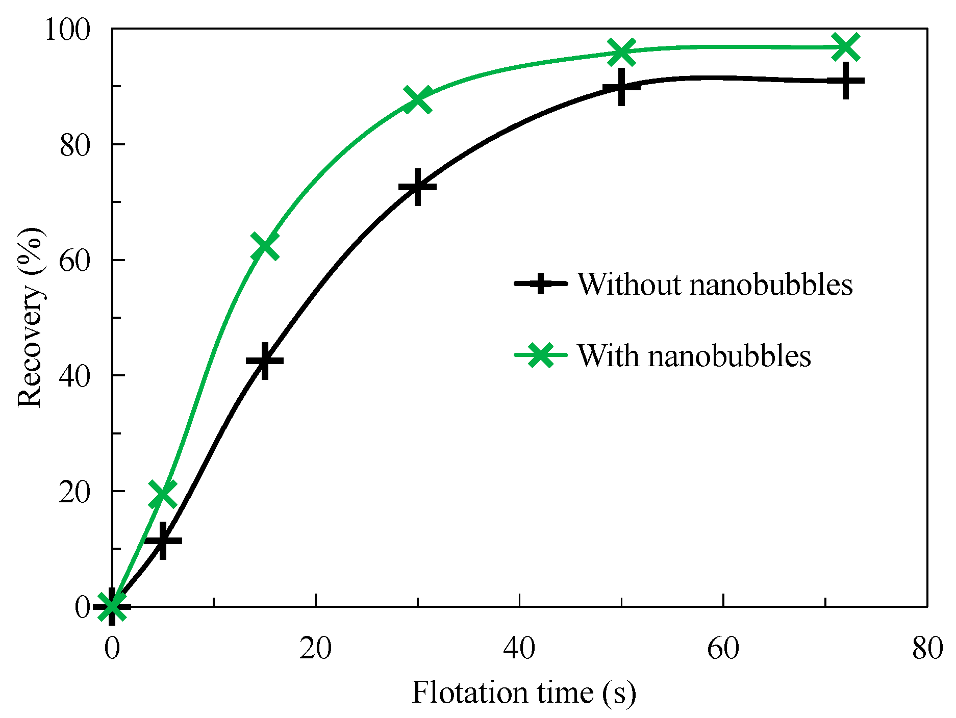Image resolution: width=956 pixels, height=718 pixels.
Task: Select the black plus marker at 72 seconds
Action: click(845, 82)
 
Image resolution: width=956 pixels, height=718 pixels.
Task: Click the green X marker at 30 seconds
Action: click(418, 99)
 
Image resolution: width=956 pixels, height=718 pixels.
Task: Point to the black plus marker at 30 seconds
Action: click(418, 187)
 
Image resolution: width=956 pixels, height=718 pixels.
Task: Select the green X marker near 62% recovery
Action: click(264, 247)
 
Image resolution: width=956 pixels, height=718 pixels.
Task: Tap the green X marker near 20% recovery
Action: click(163, 494)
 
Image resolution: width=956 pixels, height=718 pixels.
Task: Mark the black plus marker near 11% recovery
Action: click(163, 541)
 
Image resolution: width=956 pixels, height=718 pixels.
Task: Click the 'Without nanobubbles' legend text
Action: click(715, 284)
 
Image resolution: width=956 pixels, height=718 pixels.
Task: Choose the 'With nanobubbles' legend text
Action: click(694, 355)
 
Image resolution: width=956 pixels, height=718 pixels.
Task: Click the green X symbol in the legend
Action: click(540, 355)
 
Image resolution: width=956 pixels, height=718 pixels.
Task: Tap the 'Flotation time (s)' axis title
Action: click(524, 693)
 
